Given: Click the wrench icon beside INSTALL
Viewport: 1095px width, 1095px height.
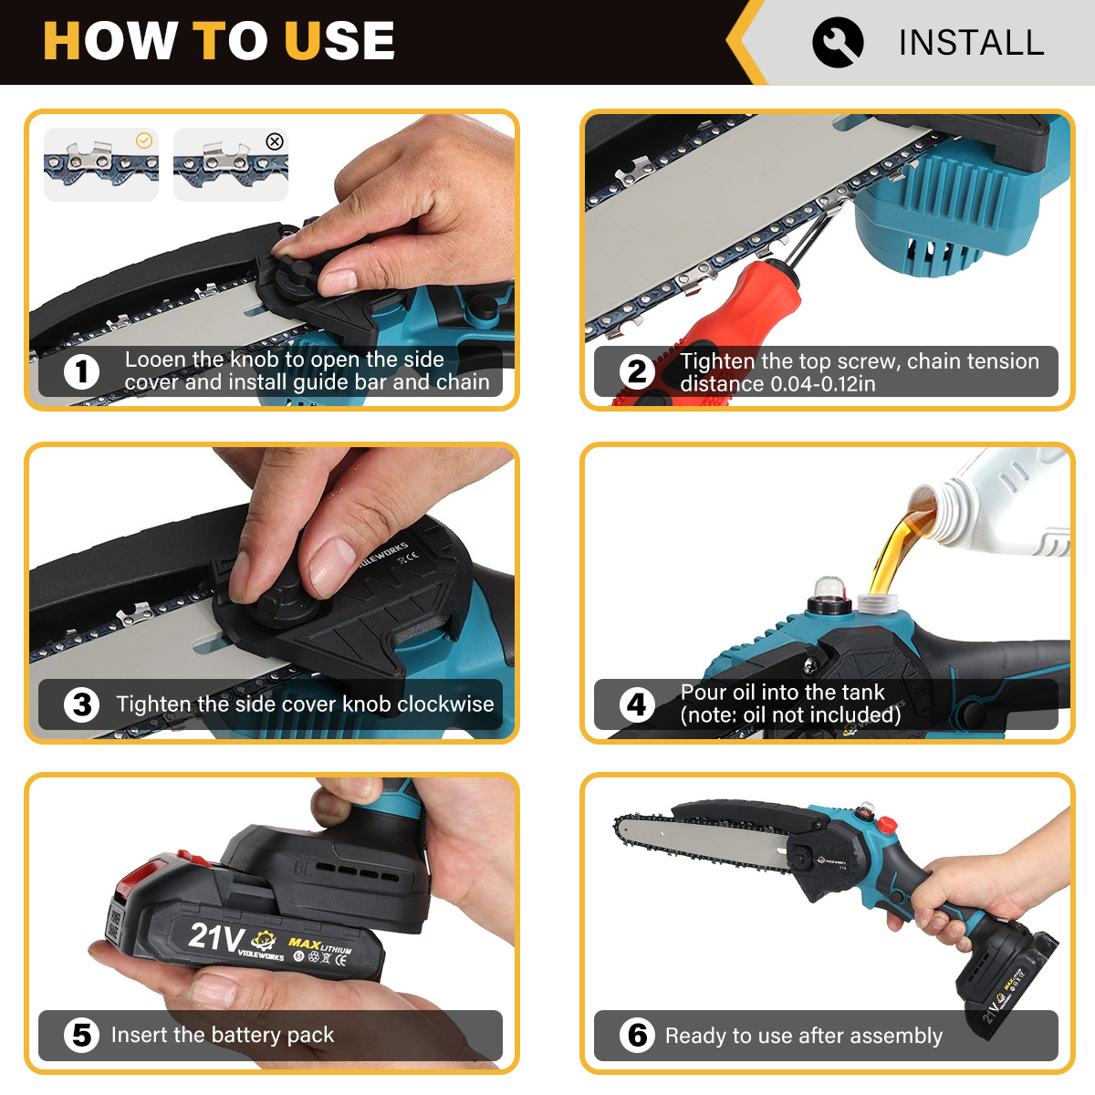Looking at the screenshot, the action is (x=838, y=42).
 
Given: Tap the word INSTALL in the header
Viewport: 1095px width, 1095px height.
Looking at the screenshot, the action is (x=971, y=43).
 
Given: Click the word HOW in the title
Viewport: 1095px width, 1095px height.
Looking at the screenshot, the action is (x=109, y=40).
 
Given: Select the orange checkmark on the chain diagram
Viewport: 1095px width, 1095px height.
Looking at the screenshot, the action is (x=144, y=141).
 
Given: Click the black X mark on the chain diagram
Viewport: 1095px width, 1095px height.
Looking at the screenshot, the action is (x=275, y=141).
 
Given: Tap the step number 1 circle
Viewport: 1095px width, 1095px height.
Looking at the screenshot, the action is (x=81, y=372).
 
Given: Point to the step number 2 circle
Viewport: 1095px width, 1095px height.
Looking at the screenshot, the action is (x=637, y=372).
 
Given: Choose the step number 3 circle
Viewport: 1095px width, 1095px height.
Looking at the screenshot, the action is (x=81, y=704).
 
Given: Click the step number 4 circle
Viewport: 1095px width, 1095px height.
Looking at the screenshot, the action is (x=637, y=704).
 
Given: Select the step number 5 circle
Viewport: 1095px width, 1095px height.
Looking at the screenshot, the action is (x=81, y=1036).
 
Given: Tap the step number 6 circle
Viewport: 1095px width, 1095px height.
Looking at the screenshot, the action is (x=637, y=1036).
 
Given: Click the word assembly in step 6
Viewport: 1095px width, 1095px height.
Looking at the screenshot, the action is (x=899, y=1036).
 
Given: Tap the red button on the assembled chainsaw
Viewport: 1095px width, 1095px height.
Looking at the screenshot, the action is (x=886, y=823).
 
